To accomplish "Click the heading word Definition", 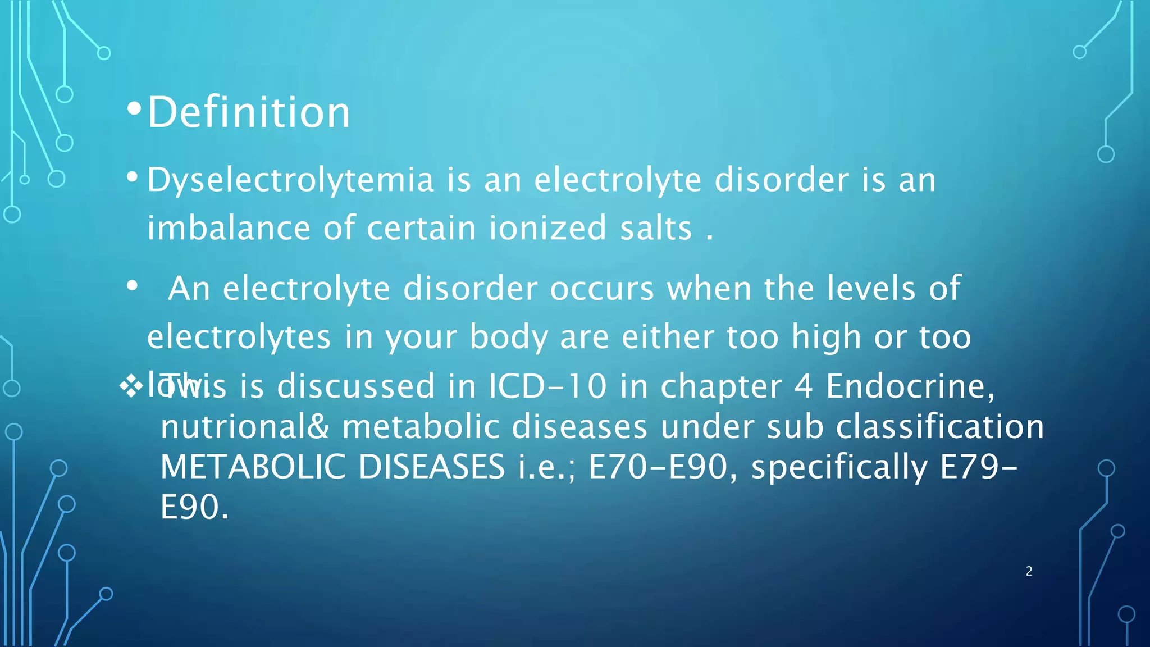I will tap(249, 112).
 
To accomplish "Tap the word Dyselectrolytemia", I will tap(290, 180).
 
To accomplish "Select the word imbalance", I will tap(229, 228).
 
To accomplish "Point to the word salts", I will tap(656, 228).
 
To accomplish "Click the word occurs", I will tap(602, 289).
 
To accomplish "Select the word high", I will tap(826, 337).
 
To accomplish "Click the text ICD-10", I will tap(547, 386).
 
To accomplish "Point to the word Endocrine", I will tap(910, 386).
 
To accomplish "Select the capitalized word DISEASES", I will tap(431, 467).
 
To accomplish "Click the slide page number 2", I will tap(1029, 571).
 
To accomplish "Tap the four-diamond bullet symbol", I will tap(131, 386).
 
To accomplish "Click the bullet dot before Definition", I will tap(134, 109).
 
